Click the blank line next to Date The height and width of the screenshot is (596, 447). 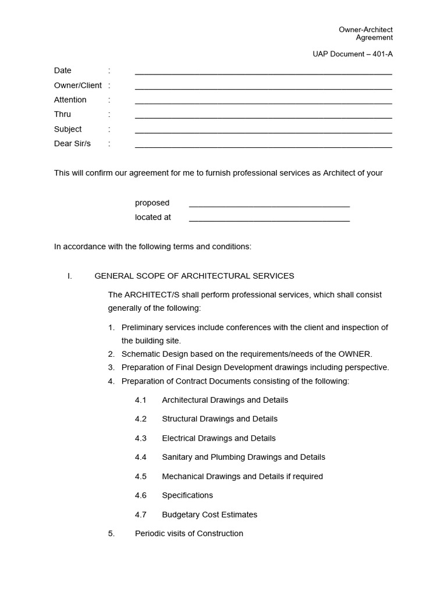(263, 73)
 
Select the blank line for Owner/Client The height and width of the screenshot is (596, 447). (263, 88)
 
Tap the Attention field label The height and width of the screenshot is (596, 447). (70, 100)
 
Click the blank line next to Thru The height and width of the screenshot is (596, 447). (263, 117)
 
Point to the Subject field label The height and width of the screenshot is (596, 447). (68, 129)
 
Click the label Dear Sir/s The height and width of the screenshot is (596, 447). (73, 144)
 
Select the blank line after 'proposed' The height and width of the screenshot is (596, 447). (269, 205)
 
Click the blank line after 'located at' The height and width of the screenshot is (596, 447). (269, 220)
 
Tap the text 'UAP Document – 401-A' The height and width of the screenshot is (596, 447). (352, 54)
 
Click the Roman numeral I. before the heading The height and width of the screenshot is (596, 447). (70, 276)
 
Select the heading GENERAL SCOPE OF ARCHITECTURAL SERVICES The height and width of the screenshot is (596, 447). (194, 276)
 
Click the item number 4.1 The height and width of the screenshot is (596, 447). (141, 400)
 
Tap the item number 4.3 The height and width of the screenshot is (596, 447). (141, 438)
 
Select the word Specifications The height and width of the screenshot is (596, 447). (187, 495)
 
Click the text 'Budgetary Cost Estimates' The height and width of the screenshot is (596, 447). (210, 515)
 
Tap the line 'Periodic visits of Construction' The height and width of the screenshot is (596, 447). (189, 534)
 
